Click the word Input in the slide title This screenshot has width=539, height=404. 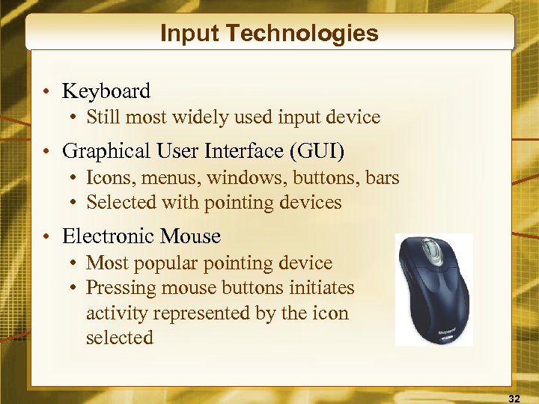click(x=185, y=34)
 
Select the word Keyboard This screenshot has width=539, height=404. click(x=106, y=91)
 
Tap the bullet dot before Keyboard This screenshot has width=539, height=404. click(x=46, y=92)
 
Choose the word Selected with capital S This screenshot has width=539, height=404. click(x=118, y=203)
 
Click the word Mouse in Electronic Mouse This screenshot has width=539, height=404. click(x=189, y=236)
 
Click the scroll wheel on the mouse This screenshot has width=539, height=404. click(x=428, y=250)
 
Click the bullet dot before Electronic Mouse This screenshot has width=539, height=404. click(x=46, y=237)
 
